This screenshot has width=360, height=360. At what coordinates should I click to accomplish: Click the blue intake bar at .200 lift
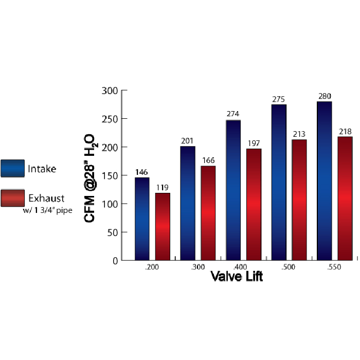tap(142, 219)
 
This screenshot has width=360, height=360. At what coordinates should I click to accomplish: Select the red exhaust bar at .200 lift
tap(163, 226)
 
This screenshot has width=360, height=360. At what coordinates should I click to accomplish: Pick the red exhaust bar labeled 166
tap(208, 213)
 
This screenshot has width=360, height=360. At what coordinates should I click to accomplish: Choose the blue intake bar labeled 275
tap(279, 182)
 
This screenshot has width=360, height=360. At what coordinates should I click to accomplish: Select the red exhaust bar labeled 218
tap(345, 198)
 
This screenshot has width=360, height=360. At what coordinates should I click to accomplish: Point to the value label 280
tap(325, 96)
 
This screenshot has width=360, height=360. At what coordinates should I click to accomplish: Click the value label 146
tap(142, 172)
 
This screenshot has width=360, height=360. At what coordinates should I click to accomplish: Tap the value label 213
tap(299, 134)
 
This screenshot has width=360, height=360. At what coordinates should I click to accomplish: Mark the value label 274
tap(233, 114)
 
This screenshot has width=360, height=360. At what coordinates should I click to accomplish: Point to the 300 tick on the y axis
tap(111, 91)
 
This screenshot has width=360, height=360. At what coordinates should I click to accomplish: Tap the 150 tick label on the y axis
tap(111, 175)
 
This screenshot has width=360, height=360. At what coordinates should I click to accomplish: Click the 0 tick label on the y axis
tap(115, 261)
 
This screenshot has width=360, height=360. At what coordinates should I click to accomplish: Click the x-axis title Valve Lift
tap(237, 277)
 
